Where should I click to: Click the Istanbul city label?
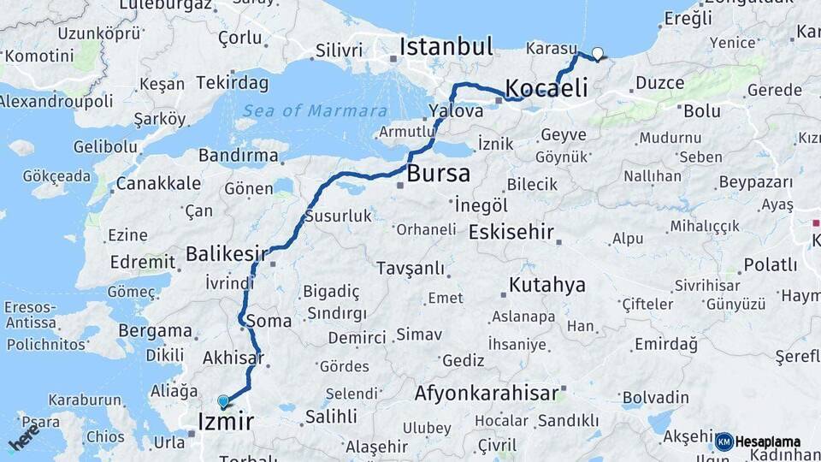pyautogui.click(x=446, y=46)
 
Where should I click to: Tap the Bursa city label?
pyautogui.click(x=438, y=174)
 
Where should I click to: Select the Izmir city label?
pyautogui.click(x=226, y=421)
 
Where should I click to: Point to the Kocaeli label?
pyautogui.click(x=546, y=88)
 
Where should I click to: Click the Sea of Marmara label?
pyautogui.click(x=314, y=111)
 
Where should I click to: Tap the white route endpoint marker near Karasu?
pyautogui.click(x=597, y=54)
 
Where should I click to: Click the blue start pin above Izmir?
pyautogui.click(x=223, y=401)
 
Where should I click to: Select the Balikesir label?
pyautogui.click(x=227, y=254)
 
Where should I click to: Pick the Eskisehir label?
pyautogui.click(x=511, y=233)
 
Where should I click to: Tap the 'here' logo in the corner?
pyautogui.click(x=23, y=437)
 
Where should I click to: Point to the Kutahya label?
pyautogui.click(x=547, y=285)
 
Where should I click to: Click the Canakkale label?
pyautogui.click(x=146, y=183)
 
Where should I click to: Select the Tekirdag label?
pyautogui.click(x=232, y=83)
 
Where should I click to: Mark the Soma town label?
pyautogui.click(x=269, y=322)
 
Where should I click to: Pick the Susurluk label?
pyautogui.click(x=339, y=216)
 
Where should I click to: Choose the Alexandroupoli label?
pyautogui.click(x=56, y=101)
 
